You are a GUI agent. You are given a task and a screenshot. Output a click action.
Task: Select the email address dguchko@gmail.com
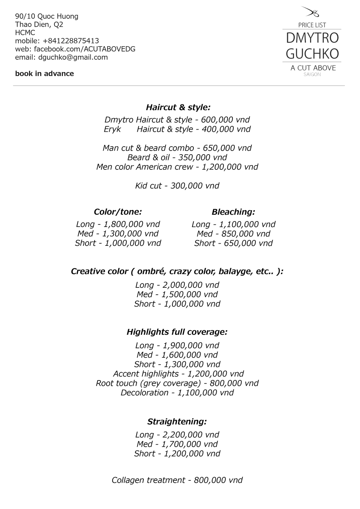point(73,57)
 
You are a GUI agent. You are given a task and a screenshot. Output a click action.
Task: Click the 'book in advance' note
point(45,73)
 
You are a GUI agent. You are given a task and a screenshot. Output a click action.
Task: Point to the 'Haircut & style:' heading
point(178,107)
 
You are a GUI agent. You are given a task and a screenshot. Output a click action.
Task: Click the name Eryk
point(112,129)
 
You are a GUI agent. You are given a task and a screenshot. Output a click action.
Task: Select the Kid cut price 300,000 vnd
point(195,186)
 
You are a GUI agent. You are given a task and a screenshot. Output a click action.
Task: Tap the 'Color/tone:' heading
point(118,212)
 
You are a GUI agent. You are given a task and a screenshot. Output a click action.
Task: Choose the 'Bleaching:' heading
point(233,212)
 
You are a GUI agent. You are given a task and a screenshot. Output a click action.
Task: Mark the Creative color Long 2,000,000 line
point(177,285)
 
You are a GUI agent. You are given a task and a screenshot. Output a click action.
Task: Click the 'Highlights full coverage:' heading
point(177,332)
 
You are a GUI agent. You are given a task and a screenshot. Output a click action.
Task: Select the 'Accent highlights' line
point(178,374)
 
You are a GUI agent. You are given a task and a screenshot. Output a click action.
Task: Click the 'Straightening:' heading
point(177,422)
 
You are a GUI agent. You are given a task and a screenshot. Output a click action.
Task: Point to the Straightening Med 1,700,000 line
point(177,444)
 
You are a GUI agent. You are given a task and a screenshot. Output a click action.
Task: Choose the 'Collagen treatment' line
point(177,480)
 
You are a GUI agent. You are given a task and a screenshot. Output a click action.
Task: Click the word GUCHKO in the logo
point(312,54)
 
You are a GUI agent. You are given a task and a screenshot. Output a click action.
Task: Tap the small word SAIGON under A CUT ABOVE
point(312,75)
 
